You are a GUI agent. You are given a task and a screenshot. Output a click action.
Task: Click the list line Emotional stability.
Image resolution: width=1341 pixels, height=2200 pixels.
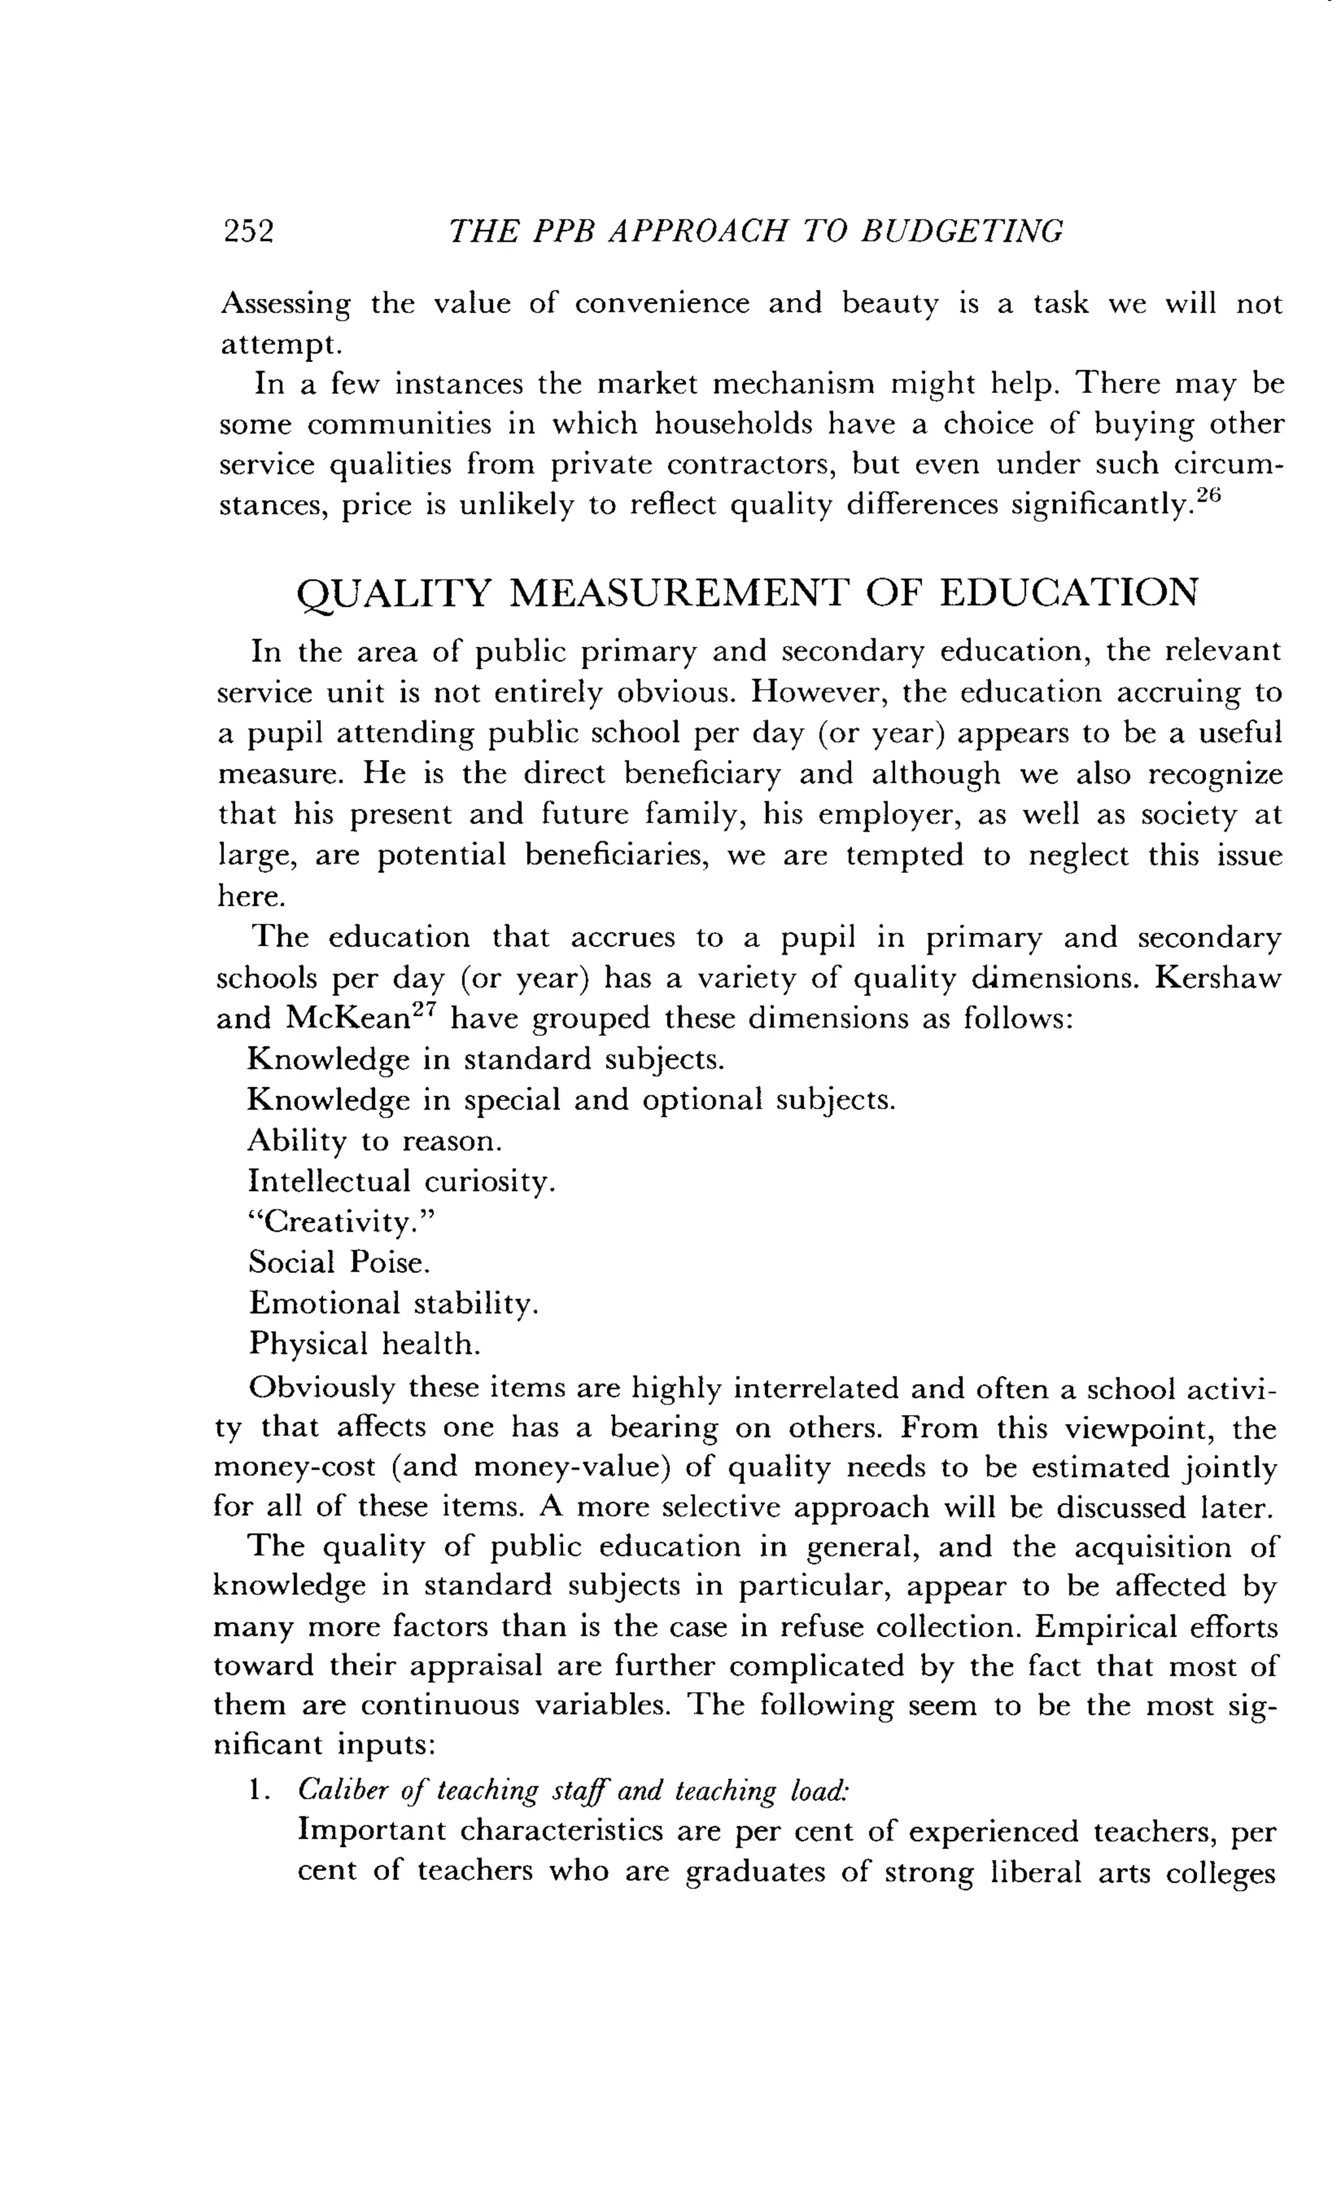pyautogui.click(x=394, y=1304)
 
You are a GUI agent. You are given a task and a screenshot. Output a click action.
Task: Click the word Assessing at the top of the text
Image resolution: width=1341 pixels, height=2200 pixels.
pyautogui.click(x=285, y=305)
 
